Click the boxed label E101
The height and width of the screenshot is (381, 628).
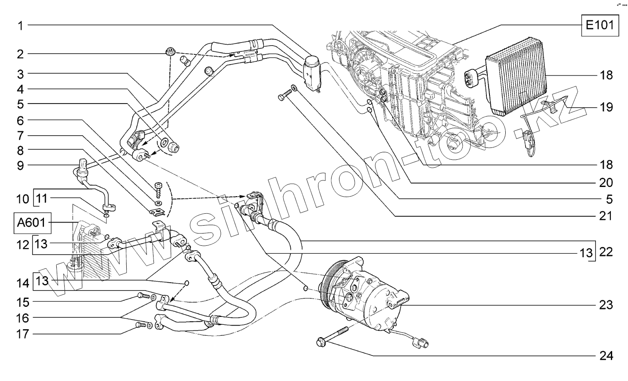coord(599,25)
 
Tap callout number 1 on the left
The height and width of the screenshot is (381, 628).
coord(20,25)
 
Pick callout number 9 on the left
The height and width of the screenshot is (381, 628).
coord(20,165)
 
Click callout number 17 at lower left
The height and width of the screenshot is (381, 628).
coord(20,334)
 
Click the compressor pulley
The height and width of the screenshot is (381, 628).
coord(328,283)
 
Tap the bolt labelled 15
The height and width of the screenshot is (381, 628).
coord(142,296)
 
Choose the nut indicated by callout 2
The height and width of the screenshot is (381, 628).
coord(170,52)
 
